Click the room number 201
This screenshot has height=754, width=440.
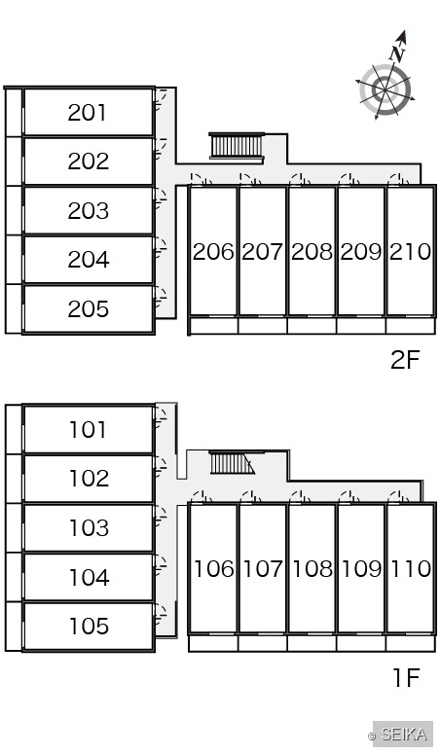point(87,113)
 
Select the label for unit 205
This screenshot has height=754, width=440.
point(88,308)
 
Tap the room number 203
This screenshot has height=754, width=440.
point(88,210)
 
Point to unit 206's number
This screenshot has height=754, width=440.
point(213,251)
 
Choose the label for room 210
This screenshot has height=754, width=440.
point(410,251)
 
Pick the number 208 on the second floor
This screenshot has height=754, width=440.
point(312,251)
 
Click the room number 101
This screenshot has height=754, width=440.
point(88,429)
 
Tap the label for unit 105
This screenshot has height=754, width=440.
point(89,626)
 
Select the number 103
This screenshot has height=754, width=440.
point(89,527)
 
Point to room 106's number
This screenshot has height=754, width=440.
point(214,568)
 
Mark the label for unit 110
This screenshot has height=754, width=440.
point(411,568)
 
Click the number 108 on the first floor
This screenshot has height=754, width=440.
point(312,568)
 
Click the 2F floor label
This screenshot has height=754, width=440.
point(405,359)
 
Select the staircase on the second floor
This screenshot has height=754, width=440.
point(238,145)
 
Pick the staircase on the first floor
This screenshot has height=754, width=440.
point(232,462)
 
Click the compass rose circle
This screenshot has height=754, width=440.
point(385,90)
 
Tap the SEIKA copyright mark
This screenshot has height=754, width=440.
point(398,735)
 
